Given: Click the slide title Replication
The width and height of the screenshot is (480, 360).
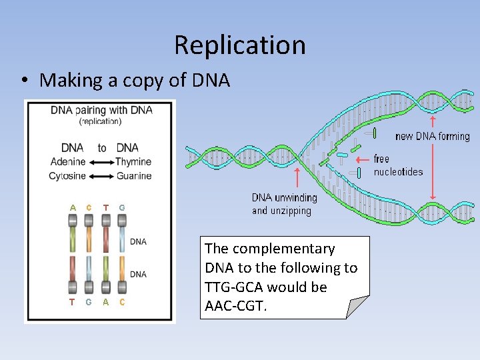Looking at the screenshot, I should pyautogui.click(x=240, y=45).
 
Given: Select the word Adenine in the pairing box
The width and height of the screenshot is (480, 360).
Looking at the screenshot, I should pyautogui.click(x=68, y=162).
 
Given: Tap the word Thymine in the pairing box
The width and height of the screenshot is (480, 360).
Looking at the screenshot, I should pyautogui.click(x=133, y=162).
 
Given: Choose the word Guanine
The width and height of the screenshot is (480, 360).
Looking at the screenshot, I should pyautogui.click(x=133, y=176).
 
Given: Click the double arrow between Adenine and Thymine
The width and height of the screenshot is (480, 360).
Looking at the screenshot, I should pyautogui.click(x=101, y=162).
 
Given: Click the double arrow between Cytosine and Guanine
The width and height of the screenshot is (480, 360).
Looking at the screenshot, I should pyautogui.click(x=101, y=176).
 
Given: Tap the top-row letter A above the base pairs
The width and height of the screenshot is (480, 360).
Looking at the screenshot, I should pyautogui.click(x=73, y=207).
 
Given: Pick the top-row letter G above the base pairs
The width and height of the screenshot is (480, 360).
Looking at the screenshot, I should pyautogui.click(x=122, y=207).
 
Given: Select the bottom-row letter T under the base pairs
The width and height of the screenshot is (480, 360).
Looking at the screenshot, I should pyautogui.click(x=72, y=302).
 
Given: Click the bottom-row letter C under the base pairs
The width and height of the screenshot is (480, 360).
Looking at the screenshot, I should pyautogui.click(x=122, y=302).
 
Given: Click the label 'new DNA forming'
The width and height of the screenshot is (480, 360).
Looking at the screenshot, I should pyautogui.click(x=432, y=137).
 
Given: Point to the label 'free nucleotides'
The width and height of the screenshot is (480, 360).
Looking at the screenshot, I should pyautogui.click(x=398, y=165).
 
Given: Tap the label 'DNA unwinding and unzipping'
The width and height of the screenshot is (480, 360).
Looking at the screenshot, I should pyautogui.click(x=284, y=204).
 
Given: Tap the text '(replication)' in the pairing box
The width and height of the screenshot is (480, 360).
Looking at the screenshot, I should pyautogui.click(x=101, y=121).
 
